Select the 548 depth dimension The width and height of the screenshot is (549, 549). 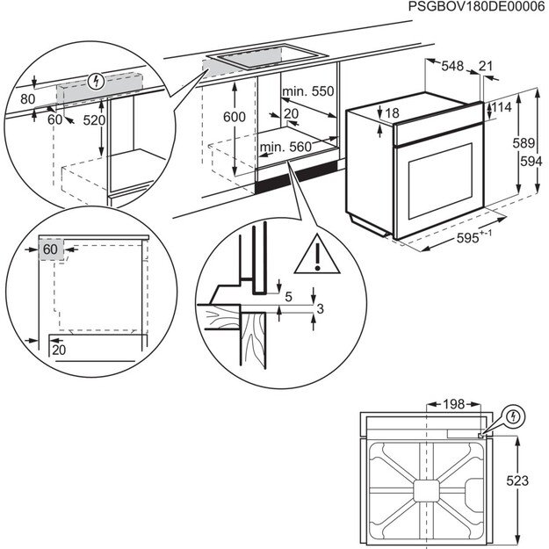(453, 65)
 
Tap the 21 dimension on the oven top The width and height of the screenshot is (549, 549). (486, 65)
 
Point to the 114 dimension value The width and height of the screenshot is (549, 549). (502, 107)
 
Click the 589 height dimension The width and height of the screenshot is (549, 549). (524, 143)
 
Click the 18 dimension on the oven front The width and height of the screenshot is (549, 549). (392, 112)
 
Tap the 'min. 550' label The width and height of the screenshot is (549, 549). (308, 91)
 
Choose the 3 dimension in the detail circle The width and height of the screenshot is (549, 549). (320, 308)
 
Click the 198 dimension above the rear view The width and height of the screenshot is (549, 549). (453, 405)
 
